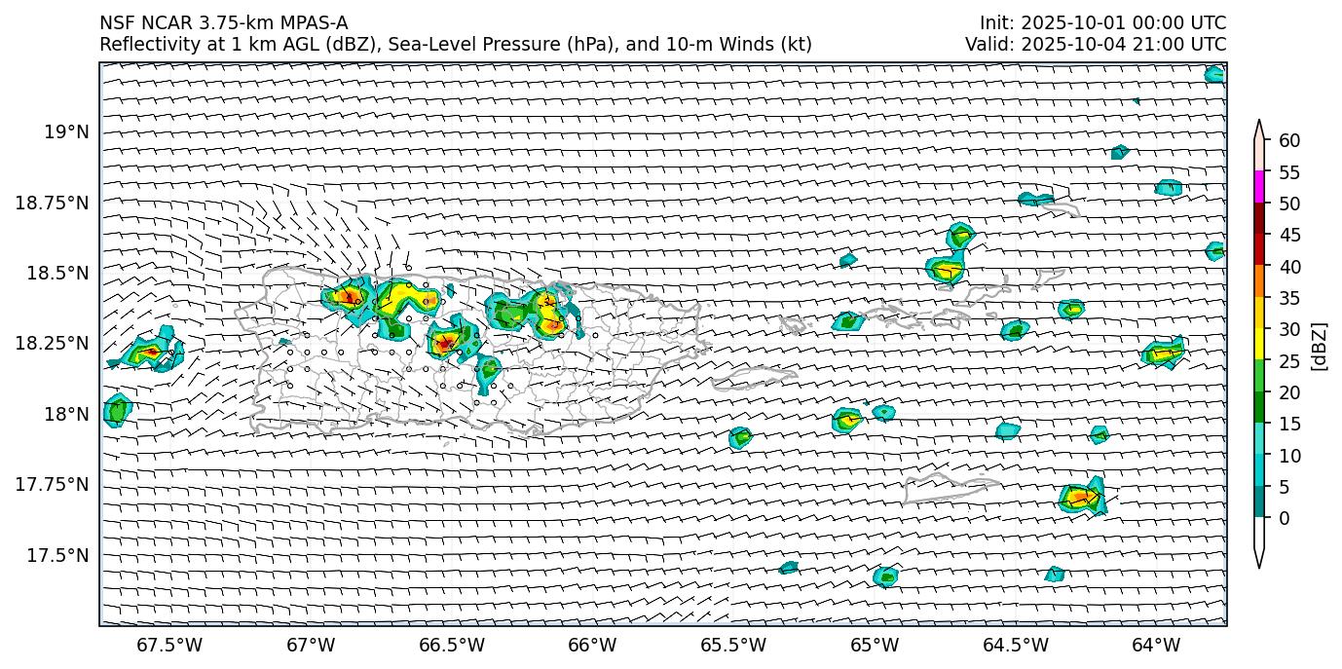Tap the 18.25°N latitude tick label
pyautogui.click(x=57, y=344)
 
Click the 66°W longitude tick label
pyautogui.click(x=592, y=645)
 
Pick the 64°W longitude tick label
pyautogui.click(x=1156, y=645)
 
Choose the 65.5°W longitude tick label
pyautogui.click(x=733, y=645)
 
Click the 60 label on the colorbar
pyautogui.click(x=1289, y=141)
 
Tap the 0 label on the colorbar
pyautogui.click(x=1285, y=518)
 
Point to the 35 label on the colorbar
pyautogui.click(x=1289, y=298)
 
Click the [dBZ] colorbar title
pyautogui.click(x=1320, y=346)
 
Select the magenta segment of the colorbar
pyautogui.click(x=1259, y=187)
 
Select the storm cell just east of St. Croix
pyautogui.click(x=1081, y=498)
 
